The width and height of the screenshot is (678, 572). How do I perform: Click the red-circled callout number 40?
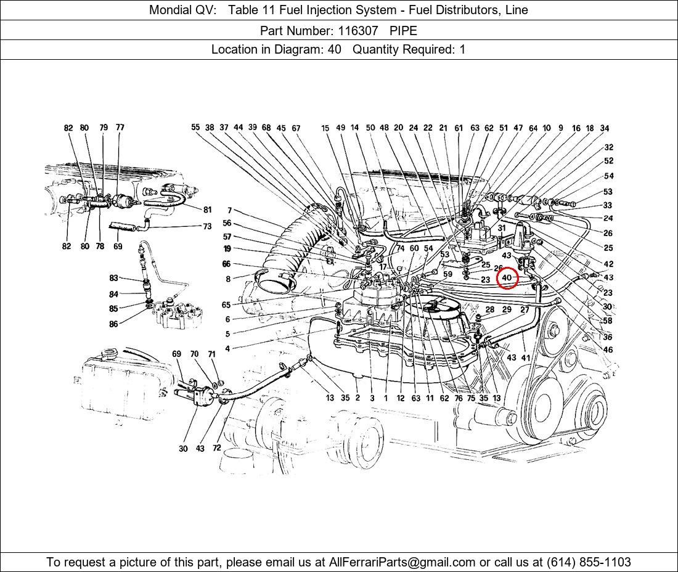tap(507, 278)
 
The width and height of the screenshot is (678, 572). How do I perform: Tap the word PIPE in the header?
tap(403, 30)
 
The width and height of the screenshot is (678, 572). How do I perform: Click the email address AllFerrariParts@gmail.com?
tap(402, 562)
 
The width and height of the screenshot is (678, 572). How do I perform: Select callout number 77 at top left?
tap(120, 128)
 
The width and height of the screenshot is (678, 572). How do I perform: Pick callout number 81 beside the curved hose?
tap(207, 210)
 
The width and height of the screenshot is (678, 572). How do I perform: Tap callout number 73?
tap(207, 226)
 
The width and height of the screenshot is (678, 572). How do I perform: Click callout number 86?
tap(113, 324)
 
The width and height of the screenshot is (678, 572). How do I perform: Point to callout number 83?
tap(113, 279)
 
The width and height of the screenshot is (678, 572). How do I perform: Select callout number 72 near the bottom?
tap(216, 448)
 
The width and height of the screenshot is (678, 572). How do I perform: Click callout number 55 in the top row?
tap(195, 128)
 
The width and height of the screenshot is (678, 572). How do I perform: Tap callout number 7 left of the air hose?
tap(229, 211)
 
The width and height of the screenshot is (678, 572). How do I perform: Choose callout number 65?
tap(226, 305)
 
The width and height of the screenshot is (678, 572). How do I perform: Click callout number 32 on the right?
tap(608, 147)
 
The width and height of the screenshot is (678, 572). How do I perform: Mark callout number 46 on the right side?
tap(608, 349)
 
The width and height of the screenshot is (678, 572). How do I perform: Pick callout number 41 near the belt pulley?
tap(525, 357)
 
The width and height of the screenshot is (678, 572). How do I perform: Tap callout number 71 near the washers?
tap(211, 354)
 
